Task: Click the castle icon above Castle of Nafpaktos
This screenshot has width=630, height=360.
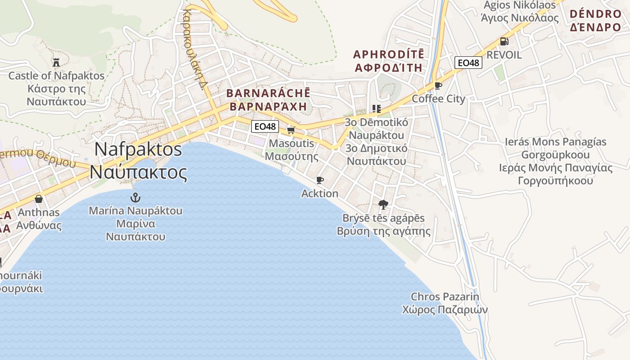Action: [56, 62]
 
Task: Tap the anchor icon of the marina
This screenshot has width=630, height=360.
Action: [135, 197]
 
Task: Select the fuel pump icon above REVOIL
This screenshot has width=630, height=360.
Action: [504, 41]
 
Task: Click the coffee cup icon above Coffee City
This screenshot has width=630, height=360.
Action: [438, 85]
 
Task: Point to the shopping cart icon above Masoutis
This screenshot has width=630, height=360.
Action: [291, 130]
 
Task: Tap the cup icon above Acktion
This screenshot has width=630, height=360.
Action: [319, 180]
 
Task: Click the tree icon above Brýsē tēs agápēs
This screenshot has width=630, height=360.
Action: [383, 205]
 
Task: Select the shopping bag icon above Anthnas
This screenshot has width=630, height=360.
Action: [39, 199]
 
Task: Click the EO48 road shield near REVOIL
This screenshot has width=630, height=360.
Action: [468, 63]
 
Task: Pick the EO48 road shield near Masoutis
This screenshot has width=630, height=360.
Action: [265, 126]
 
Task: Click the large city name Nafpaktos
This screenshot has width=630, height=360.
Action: [138, 149]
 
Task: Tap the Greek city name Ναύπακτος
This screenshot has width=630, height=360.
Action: [138, 172]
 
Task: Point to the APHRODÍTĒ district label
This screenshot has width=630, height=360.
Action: [389, 54]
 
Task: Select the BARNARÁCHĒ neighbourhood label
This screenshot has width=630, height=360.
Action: [269, 94]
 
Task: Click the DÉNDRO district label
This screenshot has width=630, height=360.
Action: [595, 14]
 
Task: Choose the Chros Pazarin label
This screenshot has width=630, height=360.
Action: [445, 297]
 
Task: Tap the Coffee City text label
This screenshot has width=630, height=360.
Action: [439, 99]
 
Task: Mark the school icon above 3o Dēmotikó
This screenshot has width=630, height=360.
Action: [376, 109]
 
